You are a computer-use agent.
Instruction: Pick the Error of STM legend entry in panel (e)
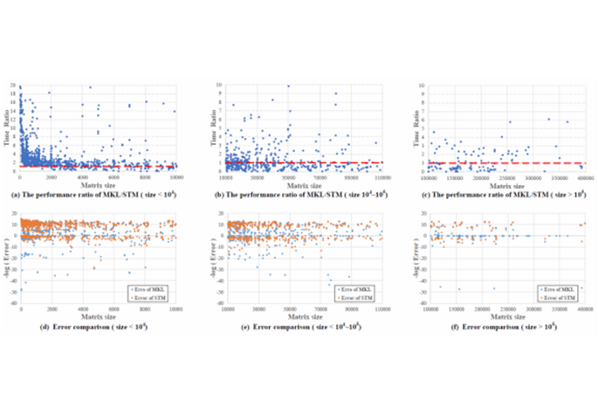(x=361, y=292)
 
